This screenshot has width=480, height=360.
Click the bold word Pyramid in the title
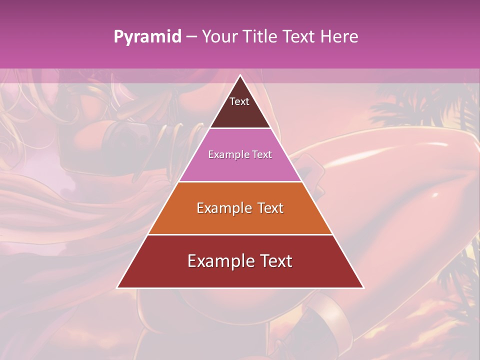[147, 37]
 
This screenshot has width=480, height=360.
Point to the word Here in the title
[339, 37]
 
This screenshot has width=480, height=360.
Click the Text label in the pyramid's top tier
[239, 101]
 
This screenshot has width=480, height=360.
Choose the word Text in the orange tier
[270, 208]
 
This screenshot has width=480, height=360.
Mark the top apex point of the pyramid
[240, 75]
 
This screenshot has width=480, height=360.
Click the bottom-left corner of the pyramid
[117, 287]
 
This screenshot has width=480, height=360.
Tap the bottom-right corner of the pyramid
[363, 287]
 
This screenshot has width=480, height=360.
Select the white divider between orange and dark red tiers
[240, 234]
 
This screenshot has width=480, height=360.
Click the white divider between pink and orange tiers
[240, 181]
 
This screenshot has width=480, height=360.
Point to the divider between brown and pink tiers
[240, 128]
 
